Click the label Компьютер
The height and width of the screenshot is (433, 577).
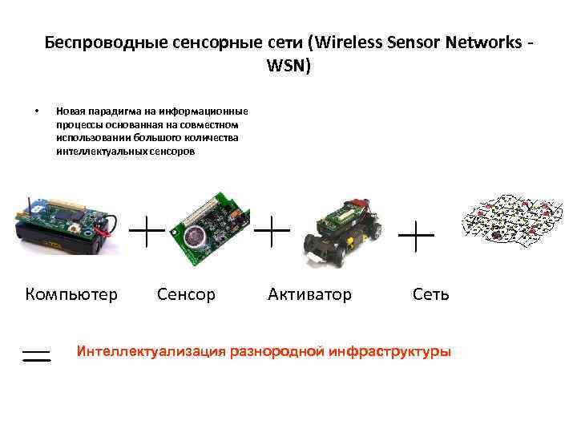[71, 294]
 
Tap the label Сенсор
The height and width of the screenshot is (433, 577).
[186, 294]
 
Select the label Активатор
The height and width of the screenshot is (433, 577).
[309, 294]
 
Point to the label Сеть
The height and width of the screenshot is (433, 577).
[431, 294]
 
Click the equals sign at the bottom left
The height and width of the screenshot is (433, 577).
[36, 355]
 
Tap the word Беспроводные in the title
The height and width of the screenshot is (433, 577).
[94, 41]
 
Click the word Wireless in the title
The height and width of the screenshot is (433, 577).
[353, 41]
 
